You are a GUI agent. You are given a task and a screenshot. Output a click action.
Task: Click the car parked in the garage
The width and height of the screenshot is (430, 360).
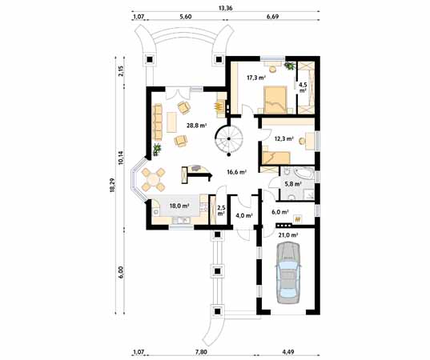pos(287,274)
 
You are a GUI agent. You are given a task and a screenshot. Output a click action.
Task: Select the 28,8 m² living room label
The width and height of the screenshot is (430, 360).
pos(197,126)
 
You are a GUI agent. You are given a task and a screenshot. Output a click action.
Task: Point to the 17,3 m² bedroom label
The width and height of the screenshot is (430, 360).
pos(255,78)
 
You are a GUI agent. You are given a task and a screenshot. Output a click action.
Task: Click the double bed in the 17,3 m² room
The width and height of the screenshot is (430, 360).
pos(276,98)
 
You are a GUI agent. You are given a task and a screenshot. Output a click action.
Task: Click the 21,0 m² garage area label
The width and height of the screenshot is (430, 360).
pos(287,235)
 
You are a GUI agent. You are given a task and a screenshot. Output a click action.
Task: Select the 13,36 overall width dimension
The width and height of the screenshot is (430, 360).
pos(226,9)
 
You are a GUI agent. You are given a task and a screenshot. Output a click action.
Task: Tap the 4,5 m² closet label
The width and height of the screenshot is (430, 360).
pos(303,86)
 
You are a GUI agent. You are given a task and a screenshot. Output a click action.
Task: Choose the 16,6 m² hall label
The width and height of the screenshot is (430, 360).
pos(236,171)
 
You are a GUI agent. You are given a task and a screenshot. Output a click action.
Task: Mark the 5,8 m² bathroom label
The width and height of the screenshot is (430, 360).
pos(292,184)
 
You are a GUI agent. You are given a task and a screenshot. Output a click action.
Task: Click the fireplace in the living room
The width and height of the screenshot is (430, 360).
pos(218,105)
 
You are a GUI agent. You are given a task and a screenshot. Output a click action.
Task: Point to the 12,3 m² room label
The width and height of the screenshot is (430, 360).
pos(283,138)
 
